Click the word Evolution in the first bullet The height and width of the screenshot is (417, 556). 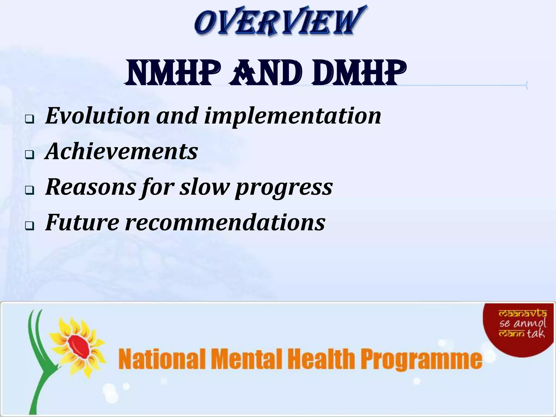coord(97,116)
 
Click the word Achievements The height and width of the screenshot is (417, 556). coord(121,151)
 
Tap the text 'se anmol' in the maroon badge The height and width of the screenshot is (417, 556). coord(523,323)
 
